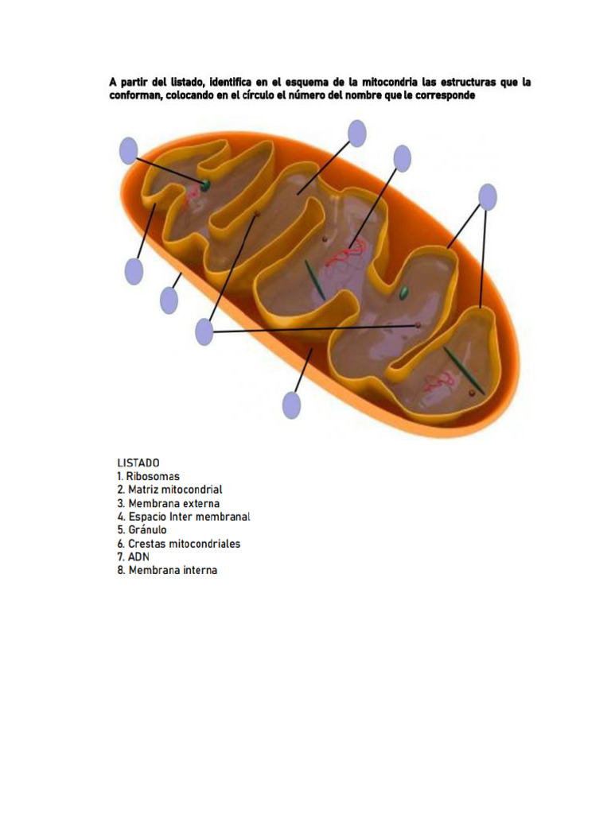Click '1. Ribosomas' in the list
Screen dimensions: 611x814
pos(148,476)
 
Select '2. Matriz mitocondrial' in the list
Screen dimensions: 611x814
pos(169,490)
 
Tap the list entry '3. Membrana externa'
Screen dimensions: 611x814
pos(168,503)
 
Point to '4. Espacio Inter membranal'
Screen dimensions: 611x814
pos(183,517)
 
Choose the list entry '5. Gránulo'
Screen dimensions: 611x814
pos(142,530)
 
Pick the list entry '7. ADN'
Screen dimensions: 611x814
pos(133,557)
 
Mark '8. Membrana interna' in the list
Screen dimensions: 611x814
pos(166,571)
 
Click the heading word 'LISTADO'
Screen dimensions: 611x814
pos(138,463)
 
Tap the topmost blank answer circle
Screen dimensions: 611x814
pos(357,134)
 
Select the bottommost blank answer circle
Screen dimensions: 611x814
pos(292,405)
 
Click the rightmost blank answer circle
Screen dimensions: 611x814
pos(488,197)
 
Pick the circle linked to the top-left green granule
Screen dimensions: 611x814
pos(128,151)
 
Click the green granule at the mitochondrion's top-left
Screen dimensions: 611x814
pos(205,184)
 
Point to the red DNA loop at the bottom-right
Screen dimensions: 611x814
pos(437,382)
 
